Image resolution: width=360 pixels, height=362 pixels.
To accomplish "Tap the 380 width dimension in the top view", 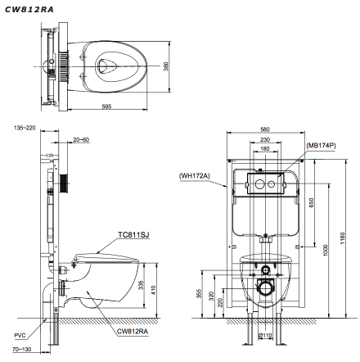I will click(x=164, y=66).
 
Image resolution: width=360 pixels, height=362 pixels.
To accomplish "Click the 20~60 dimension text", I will click(x=80, y=140).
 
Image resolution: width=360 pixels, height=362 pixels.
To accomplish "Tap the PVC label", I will click(x=20, y=335).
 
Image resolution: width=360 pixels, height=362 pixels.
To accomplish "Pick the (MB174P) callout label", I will click(x=322, y=145).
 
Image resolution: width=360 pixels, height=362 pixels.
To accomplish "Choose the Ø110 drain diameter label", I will click(x=265, y=335).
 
